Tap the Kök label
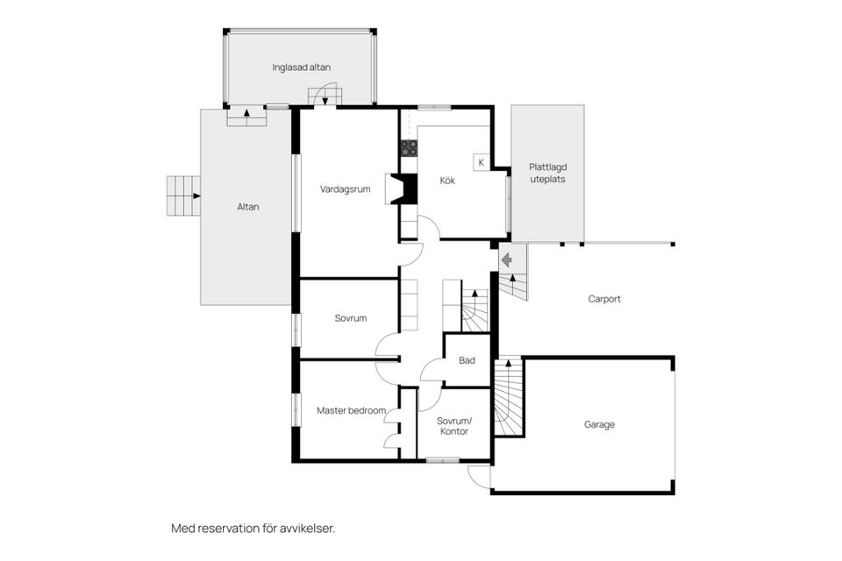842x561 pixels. [447, 181]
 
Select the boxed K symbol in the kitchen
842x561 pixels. [481, 162]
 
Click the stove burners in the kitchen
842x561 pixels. [408, 148]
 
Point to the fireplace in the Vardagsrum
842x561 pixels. [404, 188]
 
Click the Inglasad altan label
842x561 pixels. [301, 67]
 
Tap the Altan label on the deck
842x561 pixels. [248, 207]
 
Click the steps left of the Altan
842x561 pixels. [182, 195]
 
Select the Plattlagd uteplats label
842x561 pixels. [547, 173]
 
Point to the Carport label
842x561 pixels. [604, 299]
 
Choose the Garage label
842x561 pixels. [600, 424]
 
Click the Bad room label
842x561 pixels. [467, 360]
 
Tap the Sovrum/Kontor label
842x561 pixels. [453, 425]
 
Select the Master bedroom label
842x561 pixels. [345, 410]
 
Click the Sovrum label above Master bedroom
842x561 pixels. [350, 318]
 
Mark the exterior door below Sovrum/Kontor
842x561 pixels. [479, 475]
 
